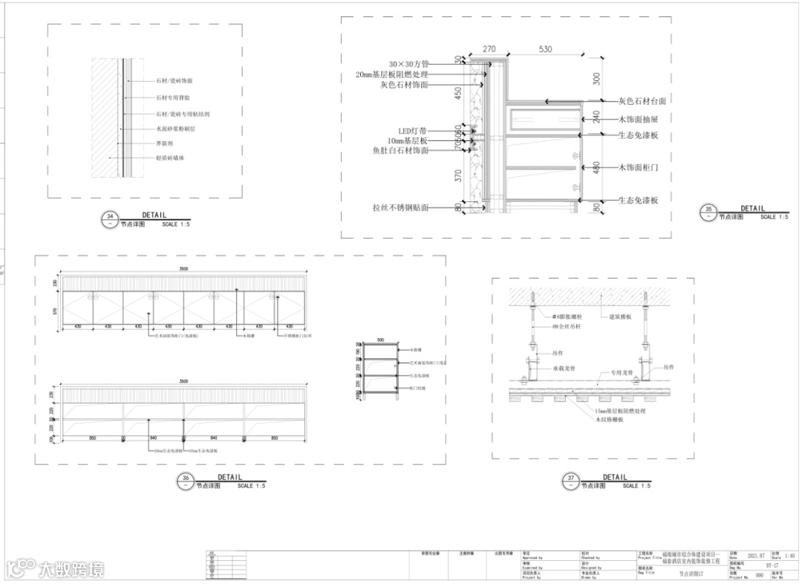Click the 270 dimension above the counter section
[489, 49]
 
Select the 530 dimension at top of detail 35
[545, 49]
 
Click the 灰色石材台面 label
[642, 101]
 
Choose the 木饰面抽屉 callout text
[638, 118]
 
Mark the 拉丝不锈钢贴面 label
[400, 208]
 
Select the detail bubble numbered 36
[185, 481]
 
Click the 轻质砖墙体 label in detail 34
[170, 158]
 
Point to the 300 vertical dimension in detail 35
[596, 77]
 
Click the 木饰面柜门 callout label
[638, 168]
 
